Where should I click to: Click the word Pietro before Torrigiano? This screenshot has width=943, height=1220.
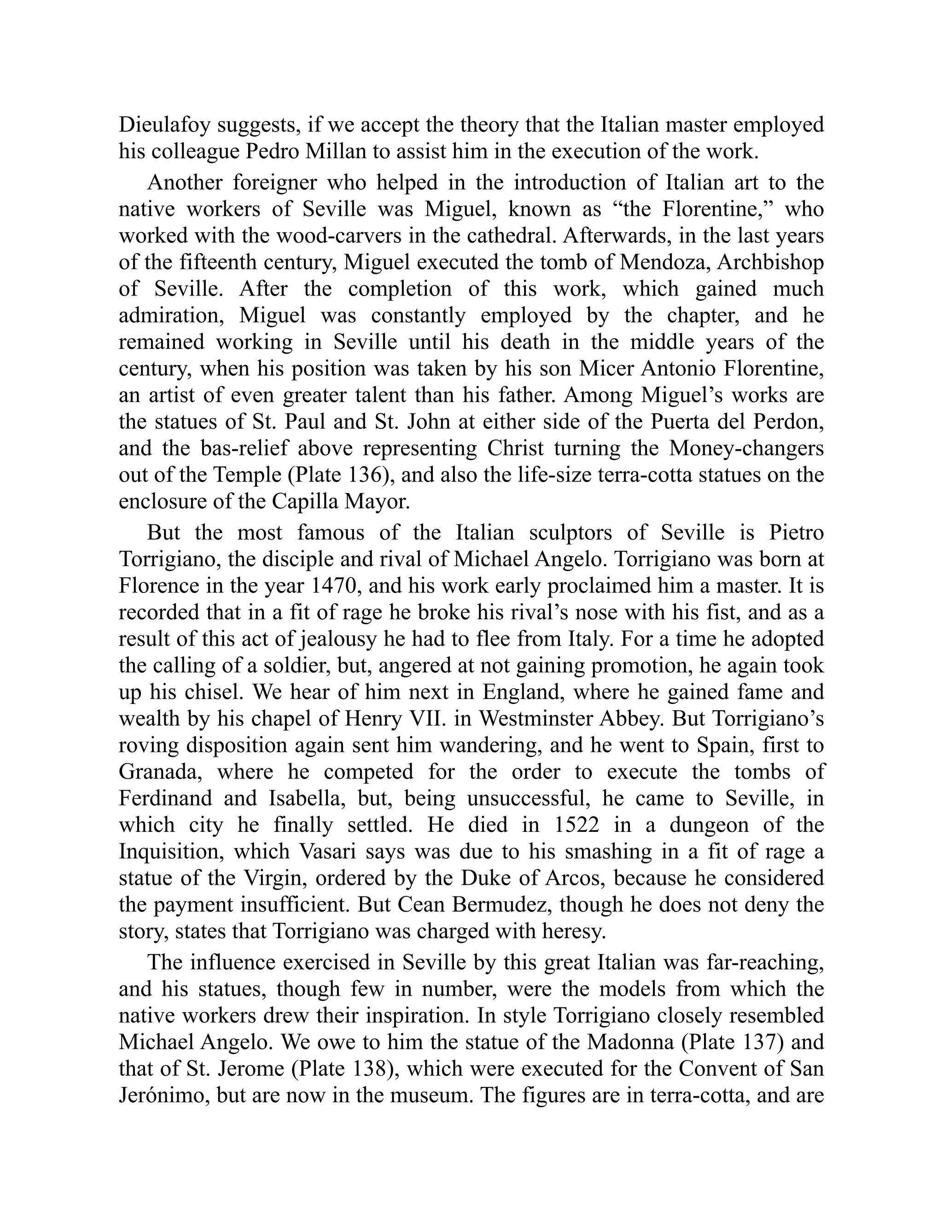(796, 533)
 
